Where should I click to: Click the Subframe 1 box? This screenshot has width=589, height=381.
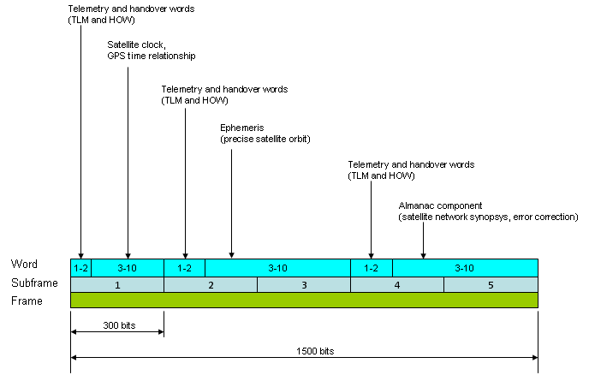tap(117, 285)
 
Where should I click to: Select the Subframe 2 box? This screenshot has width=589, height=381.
tap(211, 285)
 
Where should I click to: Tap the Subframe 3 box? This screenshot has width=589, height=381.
tap(304, 285)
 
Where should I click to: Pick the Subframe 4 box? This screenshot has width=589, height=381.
tap(397, 285)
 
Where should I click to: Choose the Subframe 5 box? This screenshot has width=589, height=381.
tap(491, 285)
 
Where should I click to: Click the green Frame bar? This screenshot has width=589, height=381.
tap(304, 301)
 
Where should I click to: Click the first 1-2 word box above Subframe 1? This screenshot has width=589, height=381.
tap(81, 268)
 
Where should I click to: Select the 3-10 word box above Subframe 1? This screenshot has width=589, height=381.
tap(128, 268)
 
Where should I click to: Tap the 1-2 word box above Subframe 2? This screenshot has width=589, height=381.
tap(184, 268)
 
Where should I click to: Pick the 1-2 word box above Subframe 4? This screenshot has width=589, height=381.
tap(372, 268)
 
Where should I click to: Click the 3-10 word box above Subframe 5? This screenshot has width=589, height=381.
tap(466, 268)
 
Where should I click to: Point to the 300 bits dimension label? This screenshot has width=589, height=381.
tap(119, 325)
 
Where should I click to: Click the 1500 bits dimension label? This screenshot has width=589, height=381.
tap(315, 351)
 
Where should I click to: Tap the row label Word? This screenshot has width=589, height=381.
tap(24, 264)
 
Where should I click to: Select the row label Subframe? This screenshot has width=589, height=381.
tap(34, 283)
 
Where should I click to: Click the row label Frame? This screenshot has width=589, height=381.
tap(27, 301)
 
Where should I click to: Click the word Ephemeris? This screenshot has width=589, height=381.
tap(242, 128)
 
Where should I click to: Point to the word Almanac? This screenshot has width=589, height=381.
tap(416, 205)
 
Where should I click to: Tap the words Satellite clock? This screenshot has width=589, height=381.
tap(136, 45)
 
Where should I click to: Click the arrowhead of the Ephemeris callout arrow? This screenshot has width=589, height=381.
tap(231, 255)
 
